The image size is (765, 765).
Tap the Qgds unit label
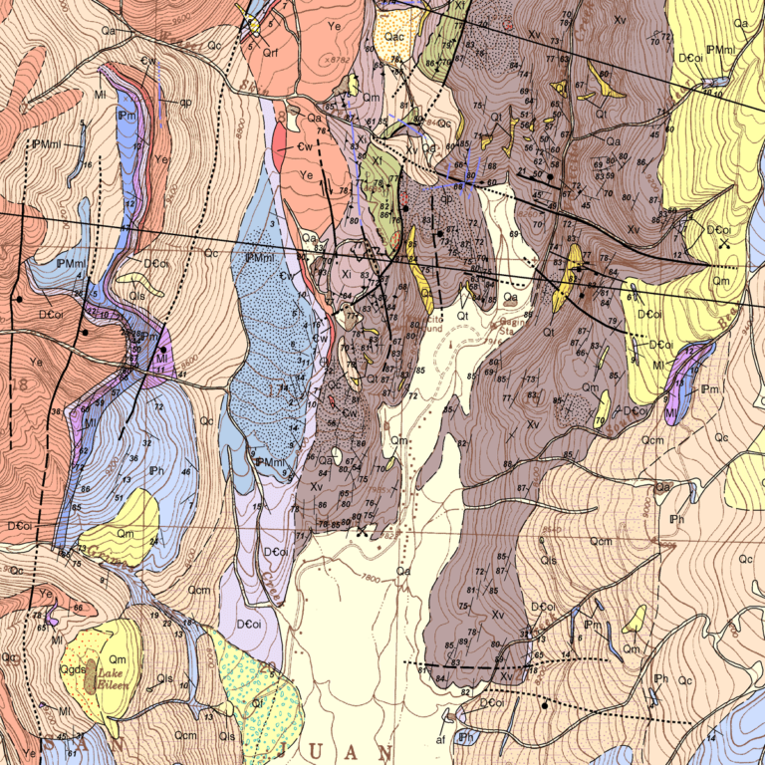pyautogui.click(x=73, y=669)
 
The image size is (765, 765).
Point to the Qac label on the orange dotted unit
pyautogui.click(x=394, y=37)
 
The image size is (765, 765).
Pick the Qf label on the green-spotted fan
pyautogui.click(x=256, y=702)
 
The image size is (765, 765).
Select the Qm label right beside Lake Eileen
pyautogui.click(x=117, y=660)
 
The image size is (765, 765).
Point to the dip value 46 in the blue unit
pyautogui.click(x=185, y=471)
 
